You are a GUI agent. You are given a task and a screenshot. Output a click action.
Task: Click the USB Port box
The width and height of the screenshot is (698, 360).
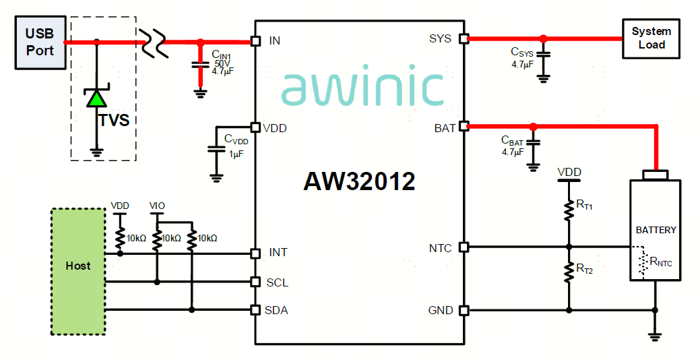[x=40, y=42]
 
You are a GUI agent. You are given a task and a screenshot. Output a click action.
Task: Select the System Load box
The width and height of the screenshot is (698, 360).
[x=651, y=38]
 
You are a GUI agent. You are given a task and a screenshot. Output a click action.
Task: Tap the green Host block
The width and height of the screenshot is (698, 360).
[x=78, y=271]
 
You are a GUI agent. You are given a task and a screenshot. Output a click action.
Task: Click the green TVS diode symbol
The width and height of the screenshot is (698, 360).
[x=96, y=97]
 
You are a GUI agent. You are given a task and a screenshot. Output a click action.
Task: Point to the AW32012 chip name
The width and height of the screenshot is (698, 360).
[x=359, y=181]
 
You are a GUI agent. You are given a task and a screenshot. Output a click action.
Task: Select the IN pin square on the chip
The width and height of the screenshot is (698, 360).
[x=255, y=41]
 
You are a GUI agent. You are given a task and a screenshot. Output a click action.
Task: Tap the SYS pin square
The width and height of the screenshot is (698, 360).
[x=464, y=38]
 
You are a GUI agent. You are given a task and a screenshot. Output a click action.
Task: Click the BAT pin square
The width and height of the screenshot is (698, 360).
[x=464, y=127]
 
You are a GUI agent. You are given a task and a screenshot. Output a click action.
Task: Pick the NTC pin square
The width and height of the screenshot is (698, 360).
[x=464, y=246]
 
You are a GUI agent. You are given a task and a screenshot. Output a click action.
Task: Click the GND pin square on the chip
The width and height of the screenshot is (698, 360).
[x=464, y=309]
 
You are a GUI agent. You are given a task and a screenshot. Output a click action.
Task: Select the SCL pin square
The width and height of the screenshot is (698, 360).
[x=255, y=282]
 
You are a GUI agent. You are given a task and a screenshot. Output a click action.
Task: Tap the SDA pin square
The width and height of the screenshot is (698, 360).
[x=255, y=309]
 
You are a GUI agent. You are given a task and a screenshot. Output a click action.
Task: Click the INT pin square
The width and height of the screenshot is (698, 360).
[x=255, y=253]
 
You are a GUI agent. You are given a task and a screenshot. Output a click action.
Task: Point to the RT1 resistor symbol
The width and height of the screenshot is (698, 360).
[x=569, y=210]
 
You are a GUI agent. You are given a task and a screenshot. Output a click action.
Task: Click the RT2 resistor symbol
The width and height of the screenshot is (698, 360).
[x=569, y=271]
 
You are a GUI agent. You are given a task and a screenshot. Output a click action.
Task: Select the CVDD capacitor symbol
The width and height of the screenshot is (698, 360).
[x=217, y=148]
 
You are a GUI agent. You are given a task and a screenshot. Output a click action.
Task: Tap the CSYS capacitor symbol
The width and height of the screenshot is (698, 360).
[x=543, y=55]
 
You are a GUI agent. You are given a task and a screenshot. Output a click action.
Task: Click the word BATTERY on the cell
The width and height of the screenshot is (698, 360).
[x=656, y=230]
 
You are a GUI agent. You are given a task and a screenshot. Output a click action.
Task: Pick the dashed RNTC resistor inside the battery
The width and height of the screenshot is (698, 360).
[x=643, y=264]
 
